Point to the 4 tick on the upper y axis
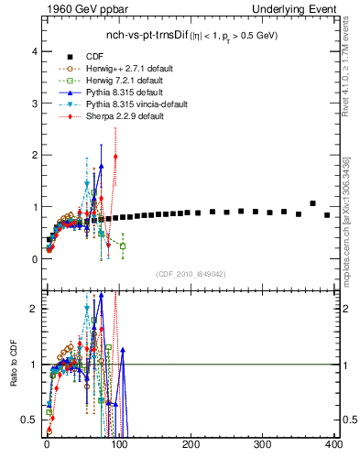(x=35, y=51)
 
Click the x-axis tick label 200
(x=191, y=445)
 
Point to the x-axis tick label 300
(x=263, y=445)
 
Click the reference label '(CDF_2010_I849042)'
(x=190, y=274)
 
